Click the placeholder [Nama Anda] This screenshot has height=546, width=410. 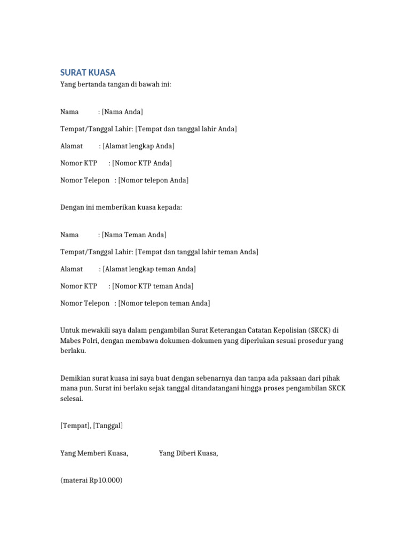tap(122, 112)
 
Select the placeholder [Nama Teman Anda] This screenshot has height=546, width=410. tap(134, 235)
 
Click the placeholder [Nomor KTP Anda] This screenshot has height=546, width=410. tap(142, 163)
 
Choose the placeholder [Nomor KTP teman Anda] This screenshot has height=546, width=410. tap(153, 286)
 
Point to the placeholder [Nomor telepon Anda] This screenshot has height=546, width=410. tap(153, 180)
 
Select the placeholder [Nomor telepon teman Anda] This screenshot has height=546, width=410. tap(164, 303)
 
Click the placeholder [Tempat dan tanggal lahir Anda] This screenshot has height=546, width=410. tap(186, 129)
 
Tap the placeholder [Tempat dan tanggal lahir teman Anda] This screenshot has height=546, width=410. tap(197, 252)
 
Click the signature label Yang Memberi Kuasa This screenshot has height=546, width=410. tap(94, 453)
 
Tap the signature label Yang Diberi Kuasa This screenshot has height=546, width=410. tap(188, 453)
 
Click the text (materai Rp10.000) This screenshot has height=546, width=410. tap(91, 480)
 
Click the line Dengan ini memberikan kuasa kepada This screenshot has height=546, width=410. tap(121, 207)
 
